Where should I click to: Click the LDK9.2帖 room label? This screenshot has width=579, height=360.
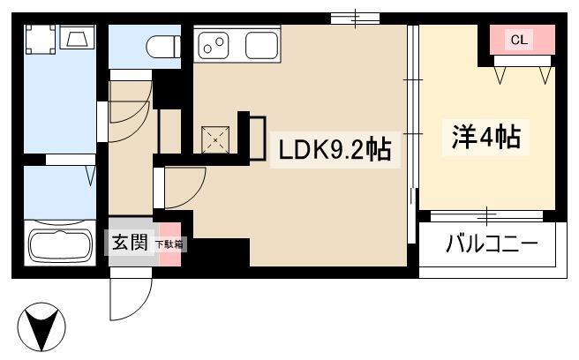335,150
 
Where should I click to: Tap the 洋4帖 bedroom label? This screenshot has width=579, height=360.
486,137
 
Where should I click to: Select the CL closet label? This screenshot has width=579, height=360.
519,40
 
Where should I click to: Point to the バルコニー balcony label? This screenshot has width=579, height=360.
492,244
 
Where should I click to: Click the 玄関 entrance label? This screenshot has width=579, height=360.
130,243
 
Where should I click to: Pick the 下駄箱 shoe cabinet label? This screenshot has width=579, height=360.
169,244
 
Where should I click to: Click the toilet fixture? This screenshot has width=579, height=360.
163,47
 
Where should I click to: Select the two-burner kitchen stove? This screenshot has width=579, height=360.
214,46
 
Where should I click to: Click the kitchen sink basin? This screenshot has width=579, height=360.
261,45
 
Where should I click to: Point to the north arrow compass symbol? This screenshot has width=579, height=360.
41,326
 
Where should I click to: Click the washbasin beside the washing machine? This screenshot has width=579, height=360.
77,37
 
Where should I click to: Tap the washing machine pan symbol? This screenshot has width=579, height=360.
40,39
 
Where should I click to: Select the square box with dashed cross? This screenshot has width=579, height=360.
215,139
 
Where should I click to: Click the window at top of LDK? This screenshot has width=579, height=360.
355,19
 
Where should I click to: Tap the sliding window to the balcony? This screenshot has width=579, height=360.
486,216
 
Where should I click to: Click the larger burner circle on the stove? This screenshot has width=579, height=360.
220,41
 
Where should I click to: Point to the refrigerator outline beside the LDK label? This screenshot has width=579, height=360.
258,139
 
